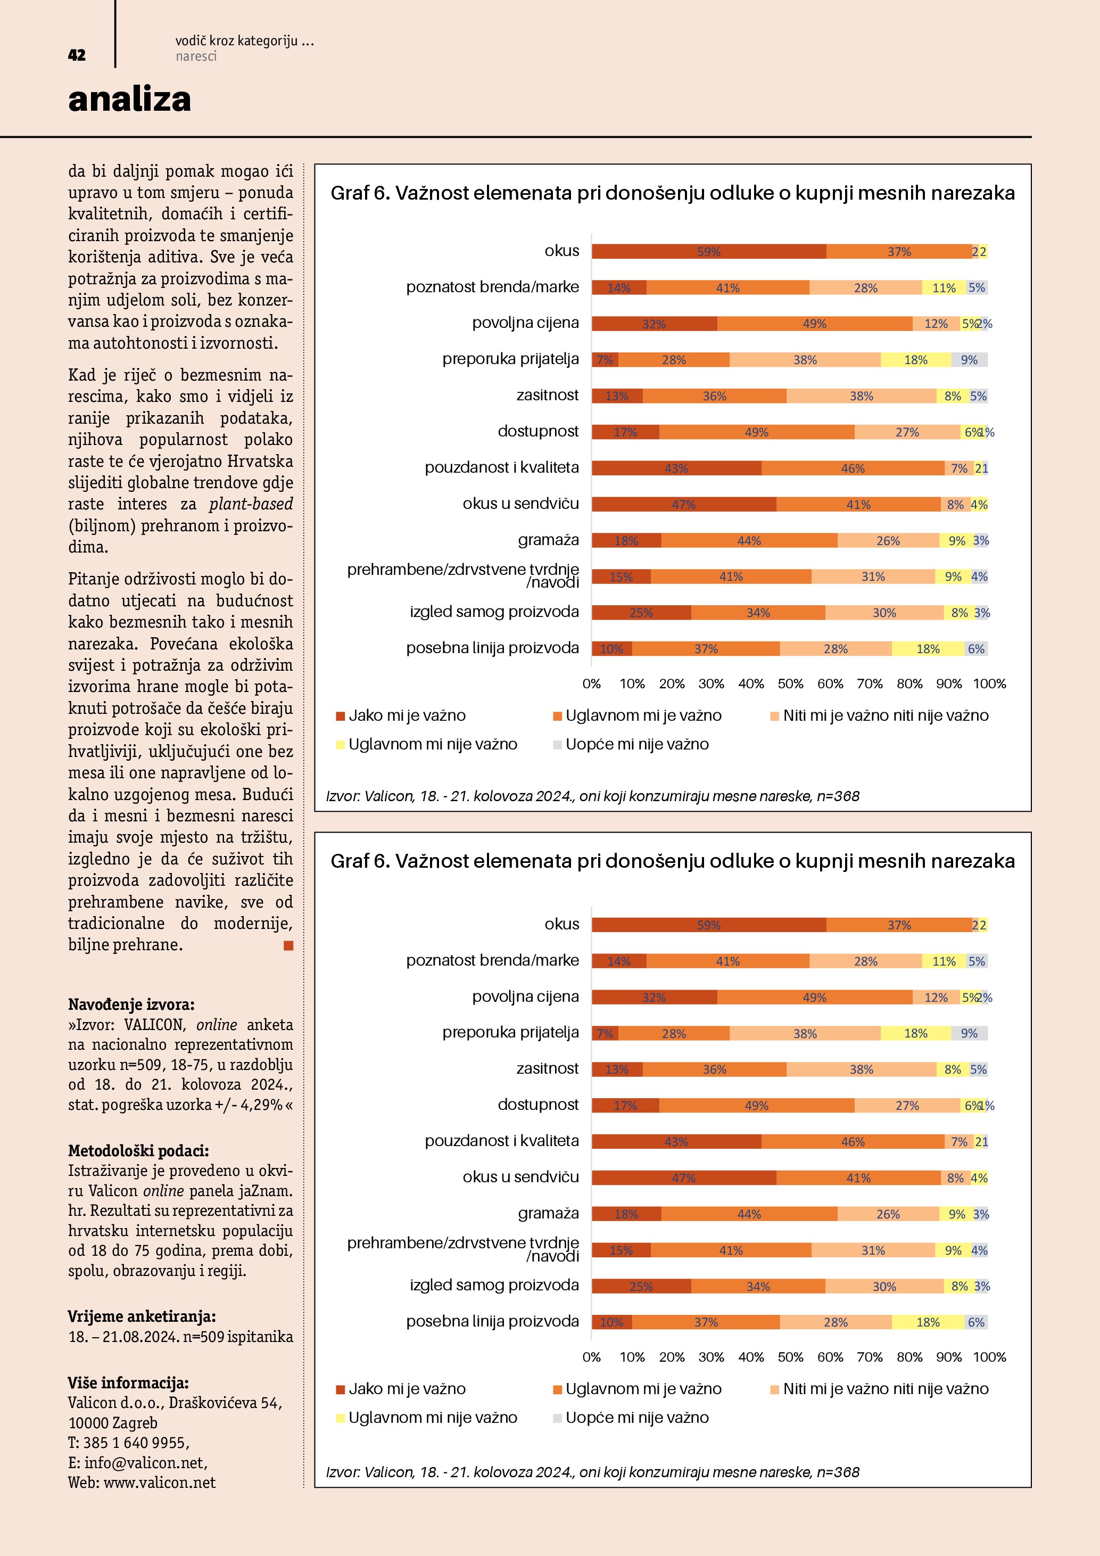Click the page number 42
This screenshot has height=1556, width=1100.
(77, 55)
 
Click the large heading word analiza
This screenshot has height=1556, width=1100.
(129, 100)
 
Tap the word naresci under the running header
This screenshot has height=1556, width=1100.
(196, 57)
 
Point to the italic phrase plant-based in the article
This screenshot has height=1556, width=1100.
(251, 504)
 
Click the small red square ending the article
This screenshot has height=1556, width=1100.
(288, 945)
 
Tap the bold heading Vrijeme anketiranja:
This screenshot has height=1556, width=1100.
(142, 1316)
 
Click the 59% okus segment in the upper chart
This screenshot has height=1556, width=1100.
(708, 251)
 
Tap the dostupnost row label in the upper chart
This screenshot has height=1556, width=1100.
(538, 432)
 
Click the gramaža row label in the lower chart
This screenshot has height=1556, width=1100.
(548, 1213)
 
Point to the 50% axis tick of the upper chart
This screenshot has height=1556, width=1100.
(790, 684)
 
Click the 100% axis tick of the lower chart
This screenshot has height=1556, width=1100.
(989, 1357)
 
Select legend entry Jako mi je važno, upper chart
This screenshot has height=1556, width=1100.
(407, 715)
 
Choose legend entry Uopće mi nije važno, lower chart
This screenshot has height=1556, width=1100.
(636, 1418)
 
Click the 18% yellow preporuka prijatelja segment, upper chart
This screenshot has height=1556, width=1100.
(916, 360)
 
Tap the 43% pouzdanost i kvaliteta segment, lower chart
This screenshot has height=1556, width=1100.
(676, 1142)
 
